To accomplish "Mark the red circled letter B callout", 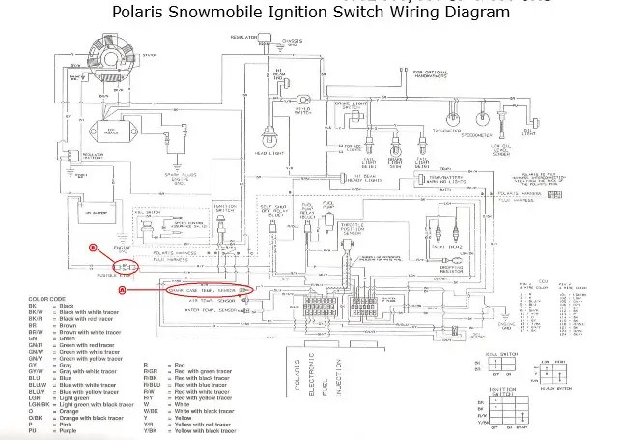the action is click(93, 248).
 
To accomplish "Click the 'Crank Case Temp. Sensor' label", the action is click(206, 289).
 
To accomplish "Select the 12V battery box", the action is click(99, 214).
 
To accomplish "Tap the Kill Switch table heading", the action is click(499, 356).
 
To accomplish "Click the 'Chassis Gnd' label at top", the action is click(288, 40).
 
